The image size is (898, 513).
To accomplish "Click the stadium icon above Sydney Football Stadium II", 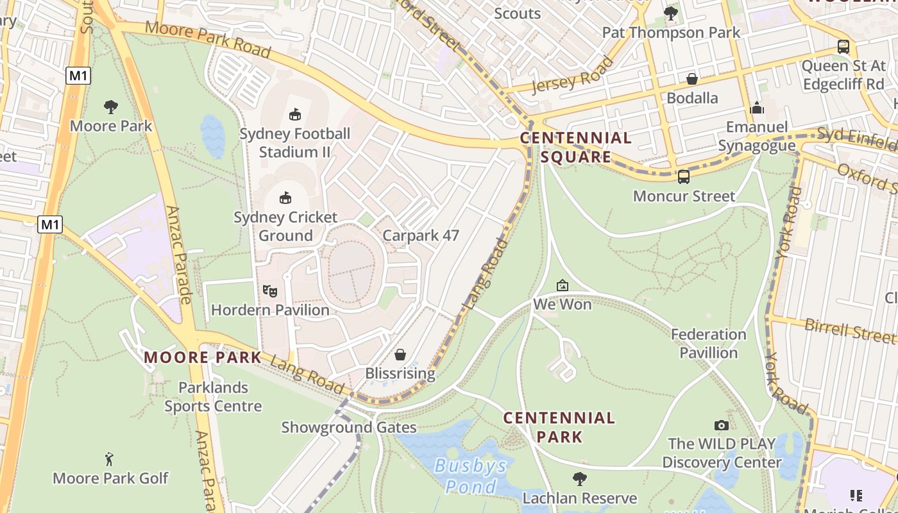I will click(x=294, y=115).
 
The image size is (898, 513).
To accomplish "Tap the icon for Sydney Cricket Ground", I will click(x=285, y=198).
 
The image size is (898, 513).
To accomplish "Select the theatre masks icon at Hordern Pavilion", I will click(x=270, y=291).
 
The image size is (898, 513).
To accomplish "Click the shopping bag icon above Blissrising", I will click(x=400, y=355).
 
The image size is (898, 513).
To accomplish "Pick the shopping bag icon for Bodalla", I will click(x=692, y=79).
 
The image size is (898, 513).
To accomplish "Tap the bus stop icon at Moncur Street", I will click(x=684, y=177).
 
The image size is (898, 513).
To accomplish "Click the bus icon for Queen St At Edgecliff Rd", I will click(x=843, y=47).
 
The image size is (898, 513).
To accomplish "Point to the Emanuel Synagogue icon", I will click(x=757, y=108).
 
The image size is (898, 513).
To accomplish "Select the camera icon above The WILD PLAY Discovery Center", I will click(x=722, y=425).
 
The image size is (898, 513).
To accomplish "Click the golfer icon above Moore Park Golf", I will click(x=110, y=459).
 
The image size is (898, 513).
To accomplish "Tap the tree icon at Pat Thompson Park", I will click(x=671, y=13).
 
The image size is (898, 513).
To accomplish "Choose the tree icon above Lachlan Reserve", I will click(x=580, y=479).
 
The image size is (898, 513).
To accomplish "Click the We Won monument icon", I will click(x=563, y=285).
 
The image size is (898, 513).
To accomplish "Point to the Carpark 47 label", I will click(x=421, y=235).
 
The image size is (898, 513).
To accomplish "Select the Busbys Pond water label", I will click(x=470, y=475).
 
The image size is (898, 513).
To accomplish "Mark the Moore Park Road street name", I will click(x=208, y=39).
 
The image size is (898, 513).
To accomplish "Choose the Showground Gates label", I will click(x=349, y=427).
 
